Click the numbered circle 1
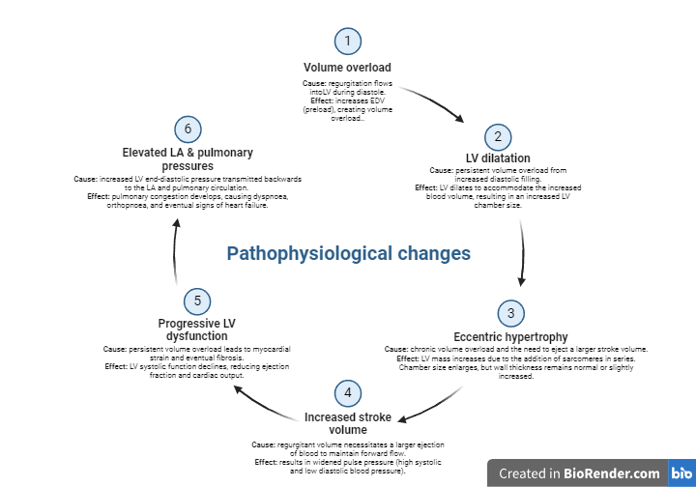point(348,42)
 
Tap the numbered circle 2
point(498,137)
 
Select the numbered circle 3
point(511,314)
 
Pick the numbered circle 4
point(348,393)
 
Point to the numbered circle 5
point(197,301)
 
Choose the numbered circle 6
point(188,129)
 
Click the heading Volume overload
point(347,68)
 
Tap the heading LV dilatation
point(498,158)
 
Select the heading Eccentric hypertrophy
point(510,337)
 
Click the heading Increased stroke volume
point(348,423)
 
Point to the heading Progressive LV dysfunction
point(196,329)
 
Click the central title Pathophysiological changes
point(348,254)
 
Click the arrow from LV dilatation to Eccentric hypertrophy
point(523,253)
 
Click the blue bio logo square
point(681,473)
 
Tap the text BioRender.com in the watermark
point(612,473)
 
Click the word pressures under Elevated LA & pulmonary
point(188,166)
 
